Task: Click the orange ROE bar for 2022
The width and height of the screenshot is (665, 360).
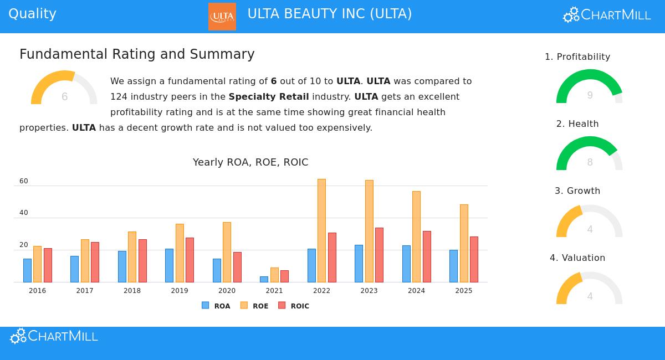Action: click(x=321, y=230)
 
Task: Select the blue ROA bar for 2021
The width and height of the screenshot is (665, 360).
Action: click(x=264, y=279)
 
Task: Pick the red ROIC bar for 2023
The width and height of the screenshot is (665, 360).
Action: click(x=379, y=255)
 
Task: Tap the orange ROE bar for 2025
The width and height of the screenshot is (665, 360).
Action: click(x=464, y=243)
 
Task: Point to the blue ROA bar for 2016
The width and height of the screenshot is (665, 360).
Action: click(x=27, y=270)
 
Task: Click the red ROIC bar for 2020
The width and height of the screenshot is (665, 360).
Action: click(x=237, y=267)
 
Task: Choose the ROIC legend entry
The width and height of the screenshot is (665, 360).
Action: click(x=294, y=306)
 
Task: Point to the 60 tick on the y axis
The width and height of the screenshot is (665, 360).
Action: click(x=23, y=181)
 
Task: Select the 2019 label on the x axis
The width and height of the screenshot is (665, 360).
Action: click(x=180, y=291)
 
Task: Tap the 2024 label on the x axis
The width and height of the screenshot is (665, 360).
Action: click(x=416, y=291)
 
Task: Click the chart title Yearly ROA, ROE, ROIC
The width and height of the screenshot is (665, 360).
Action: click(x=250, y=162)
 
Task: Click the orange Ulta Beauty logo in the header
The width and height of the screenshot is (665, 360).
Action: click(x=222, y=17)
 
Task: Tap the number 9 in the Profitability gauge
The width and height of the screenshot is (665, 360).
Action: click(x=590, y=95)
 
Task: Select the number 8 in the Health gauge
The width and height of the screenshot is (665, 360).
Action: click(x=590, y=162)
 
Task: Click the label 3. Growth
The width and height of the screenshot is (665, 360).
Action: click(x=577, y=191)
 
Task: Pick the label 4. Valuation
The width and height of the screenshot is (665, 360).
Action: click(x=577, y=258)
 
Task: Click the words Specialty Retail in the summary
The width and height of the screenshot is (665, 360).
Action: click(x=269, y=96)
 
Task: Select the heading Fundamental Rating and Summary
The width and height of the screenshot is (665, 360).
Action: click(x=137, y=54)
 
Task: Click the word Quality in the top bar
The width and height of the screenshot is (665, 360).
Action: click(x=32, y=14)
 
